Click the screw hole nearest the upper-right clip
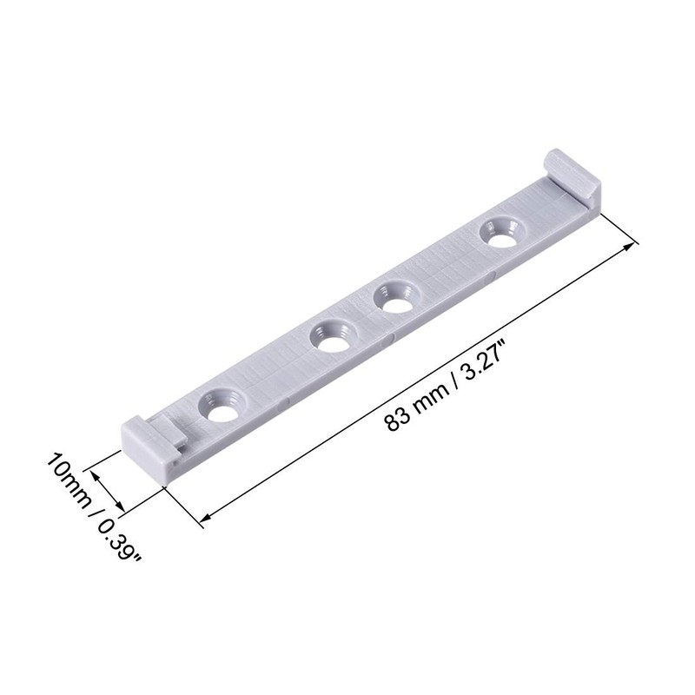pos(500,233)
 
